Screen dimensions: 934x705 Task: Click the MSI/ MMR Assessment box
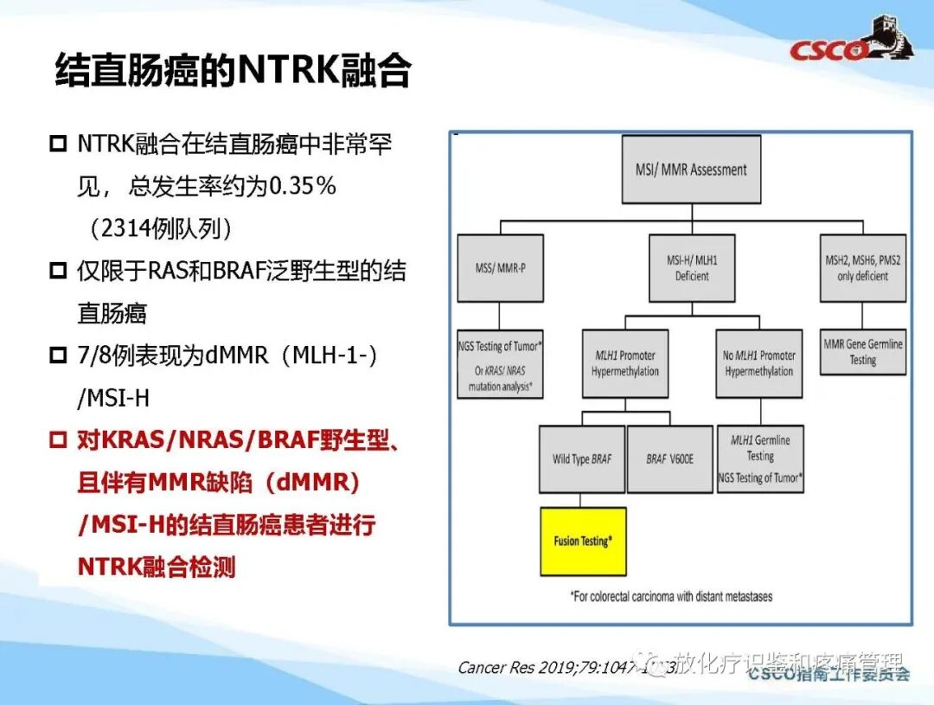pos(691,169)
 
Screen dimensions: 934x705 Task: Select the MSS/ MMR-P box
pos(500,267)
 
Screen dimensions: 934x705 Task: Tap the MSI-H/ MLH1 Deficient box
pos(691,267)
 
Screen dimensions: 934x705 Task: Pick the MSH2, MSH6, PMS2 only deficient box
pos(862,267)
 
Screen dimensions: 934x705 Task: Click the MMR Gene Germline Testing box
pos(862,351)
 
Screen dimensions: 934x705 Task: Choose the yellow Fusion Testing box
pos(583,542)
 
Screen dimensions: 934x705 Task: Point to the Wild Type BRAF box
pos(581,458)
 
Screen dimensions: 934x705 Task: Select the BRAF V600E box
pos(669,458)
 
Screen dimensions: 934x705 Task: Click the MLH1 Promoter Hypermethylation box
pos(624,363)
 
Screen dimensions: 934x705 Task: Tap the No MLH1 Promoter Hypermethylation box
pos(758,363)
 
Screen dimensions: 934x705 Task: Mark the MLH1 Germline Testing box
pos(760,458)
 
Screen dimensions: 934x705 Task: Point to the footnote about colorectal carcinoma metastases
pos(671,596)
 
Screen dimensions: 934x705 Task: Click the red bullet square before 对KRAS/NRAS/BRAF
pos(58,439)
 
